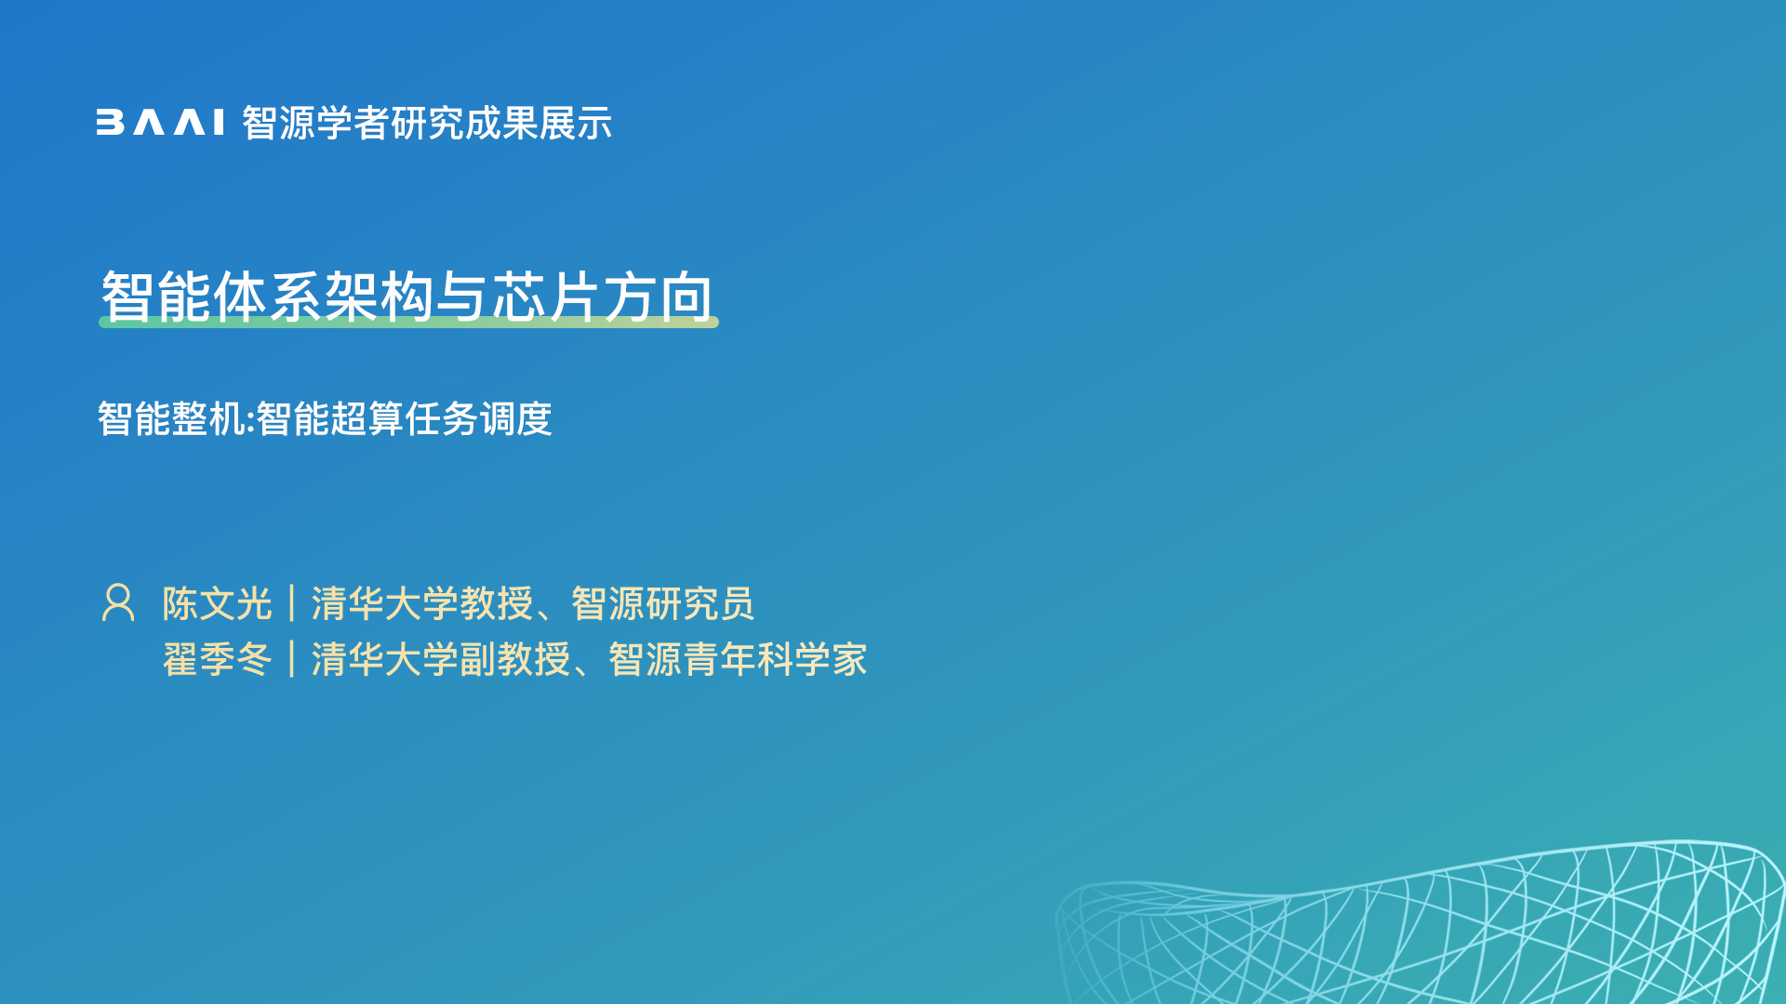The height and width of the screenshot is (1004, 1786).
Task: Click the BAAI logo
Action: pyautogui.click(x=160, y=123)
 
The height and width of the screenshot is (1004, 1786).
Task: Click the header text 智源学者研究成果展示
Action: pyautogui.click(x=427, y=123)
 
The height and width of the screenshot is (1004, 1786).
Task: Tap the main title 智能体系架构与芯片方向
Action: pyautogui.click(x=407, y=297)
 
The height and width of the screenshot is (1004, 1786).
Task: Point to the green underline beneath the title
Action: pyautogui.click(x=408, y=322)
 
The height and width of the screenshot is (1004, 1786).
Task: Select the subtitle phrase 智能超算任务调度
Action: pyautogui.click(x=404, y=418)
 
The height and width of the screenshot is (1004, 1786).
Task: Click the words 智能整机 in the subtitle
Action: pyautogui.click(x=171, y=418)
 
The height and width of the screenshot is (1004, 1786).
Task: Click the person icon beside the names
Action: pyautogui.click(x=118, y=602)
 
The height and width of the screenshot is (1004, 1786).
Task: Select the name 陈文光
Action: pyautogui.click(x=217, y=604)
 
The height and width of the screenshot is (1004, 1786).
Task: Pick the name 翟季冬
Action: pyautogui.click(x=217, y=660)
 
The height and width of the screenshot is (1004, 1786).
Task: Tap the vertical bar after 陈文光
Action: pyautogui.click(x=292, y=603)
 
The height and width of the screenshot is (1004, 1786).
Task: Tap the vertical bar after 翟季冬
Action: pyautogui.click(x=292, y=659)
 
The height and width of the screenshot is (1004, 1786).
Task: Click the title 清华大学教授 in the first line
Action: pyautogui.click(x=422, y=604)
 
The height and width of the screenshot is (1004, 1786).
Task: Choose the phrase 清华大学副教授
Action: pyautogui.click(x=441, y=660)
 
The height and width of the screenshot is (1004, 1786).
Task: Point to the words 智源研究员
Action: pyautogui.click(x=663, y=604)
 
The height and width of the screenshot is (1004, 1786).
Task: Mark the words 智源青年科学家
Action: pyautogui.click(x=738, y=660)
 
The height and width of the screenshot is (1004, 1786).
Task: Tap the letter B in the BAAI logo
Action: pyautogui.click(x=110, y=123)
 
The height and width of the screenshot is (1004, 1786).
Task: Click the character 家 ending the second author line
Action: pyautogui.click(x=849, y=660)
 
